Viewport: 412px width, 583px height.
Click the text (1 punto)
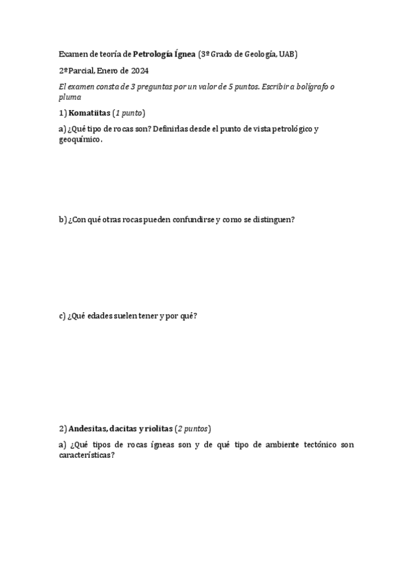click(x=130, y=113)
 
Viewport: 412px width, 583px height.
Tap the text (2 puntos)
click(x=193, y=428)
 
